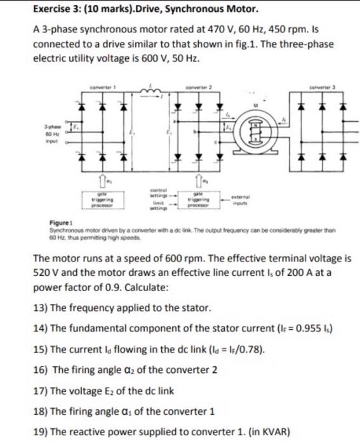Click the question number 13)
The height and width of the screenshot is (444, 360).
[x=39, y=308]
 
